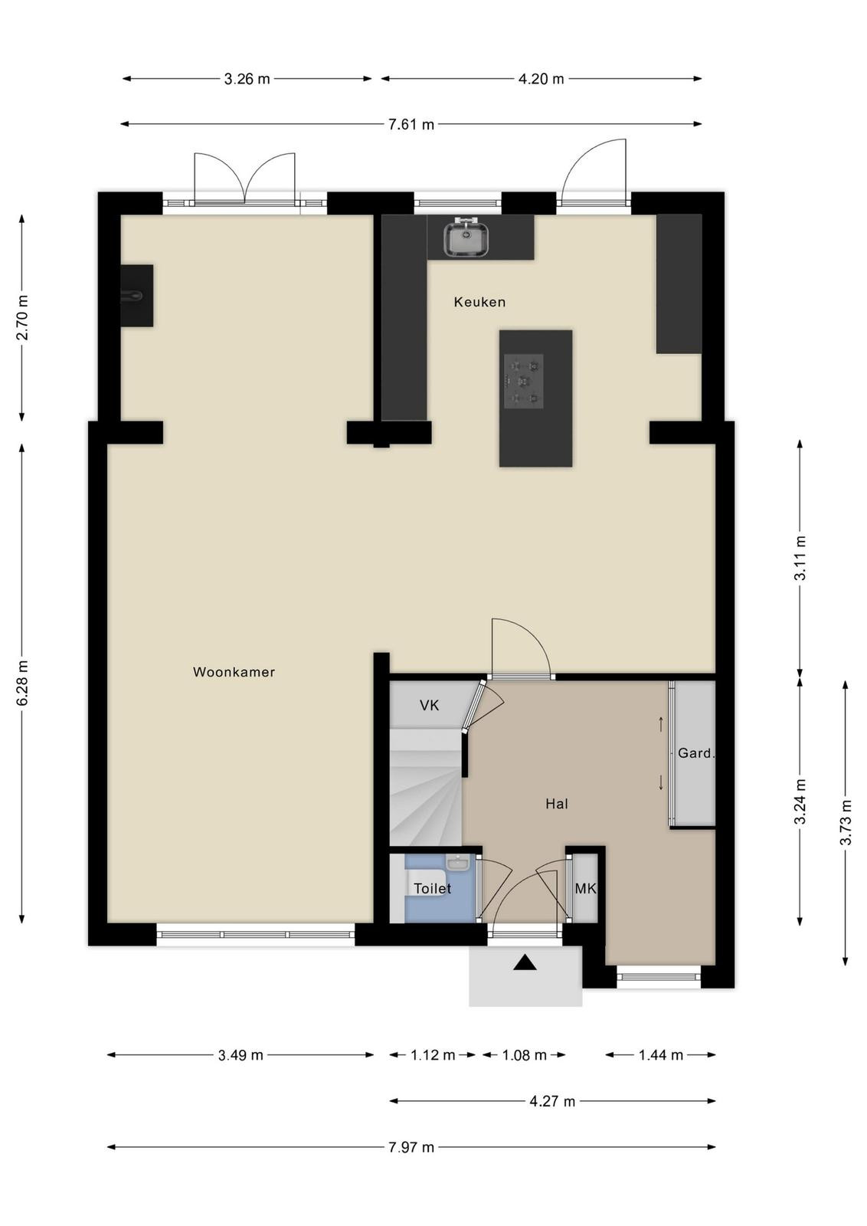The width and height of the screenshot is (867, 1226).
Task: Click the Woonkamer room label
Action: pos(234,672)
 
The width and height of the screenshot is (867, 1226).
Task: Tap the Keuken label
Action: pos(479,302)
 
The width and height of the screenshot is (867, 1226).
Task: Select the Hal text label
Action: pos(557,804)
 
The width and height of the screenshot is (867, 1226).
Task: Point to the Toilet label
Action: pos(432,888)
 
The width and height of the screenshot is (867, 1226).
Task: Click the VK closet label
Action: pos(430,706)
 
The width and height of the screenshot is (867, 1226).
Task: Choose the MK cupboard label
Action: pos(584,889)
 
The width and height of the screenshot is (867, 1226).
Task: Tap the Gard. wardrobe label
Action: pos(695,753)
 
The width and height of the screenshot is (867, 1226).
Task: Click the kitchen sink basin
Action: pos(466,237)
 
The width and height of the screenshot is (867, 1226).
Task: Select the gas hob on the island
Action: pos(524,381)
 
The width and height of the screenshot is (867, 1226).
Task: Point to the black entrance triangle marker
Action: pos(525,962)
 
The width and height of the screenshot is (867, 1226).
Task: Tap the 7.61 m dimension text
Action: pos(411,125)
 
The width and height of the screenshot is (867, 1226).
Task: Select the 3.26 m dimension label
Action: pos(247,80)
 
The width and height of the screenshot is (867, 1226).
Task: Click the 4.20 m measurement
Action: pos(541,80)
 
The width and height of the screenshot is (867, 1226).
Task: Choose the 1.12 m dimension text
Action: pos(433,1055)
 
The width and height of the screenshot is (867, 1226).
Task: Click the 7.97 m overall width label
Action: pos(411,1147)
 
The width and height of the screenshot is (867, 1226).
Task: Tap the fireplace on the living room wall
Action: pos(137,296)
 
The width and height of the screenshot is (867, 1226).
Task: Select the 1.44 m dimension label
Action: pos(661,1055)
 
